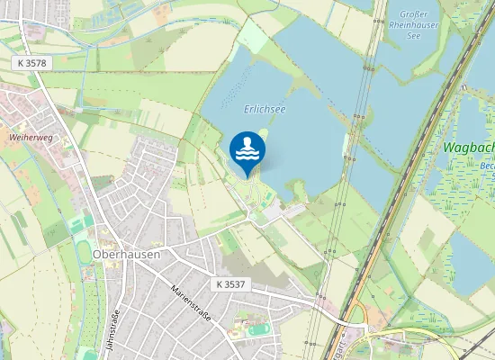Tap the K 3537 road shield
(231, 283)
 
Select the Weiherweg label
(29, 137)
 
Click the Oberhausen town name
(126, 255)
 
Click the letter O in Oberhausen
(97, 255)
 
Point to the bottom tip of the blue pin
(247, 176)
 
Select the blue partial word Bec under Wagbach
(487, 167)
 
